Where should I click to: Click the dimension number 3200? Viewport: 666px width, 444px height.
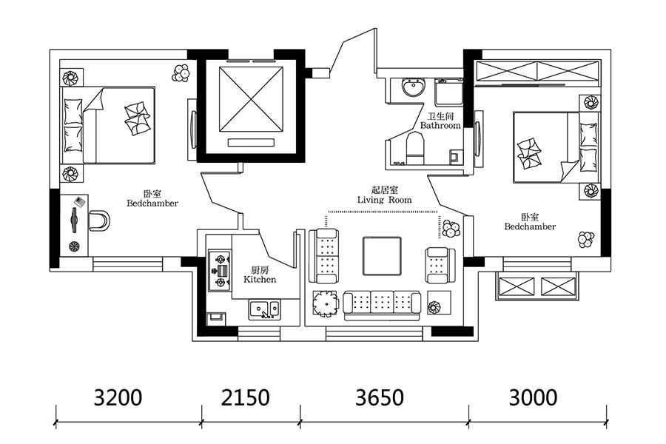click(118, 397)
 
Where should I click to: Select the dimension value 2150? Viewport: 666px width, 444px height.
click(245, 397)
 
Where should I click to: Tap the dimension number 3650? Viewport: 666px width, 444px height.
click(380, 397)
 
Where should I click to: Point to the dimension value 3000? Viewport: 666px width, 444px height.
click(533, 397)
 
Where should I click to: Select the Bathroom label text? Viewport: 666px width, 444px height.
click(440, 125)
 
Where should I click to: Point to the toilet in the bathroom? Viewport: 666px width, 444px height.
click(415, 149)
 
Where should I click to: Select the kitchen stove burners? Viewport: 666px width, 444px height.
click(221, 270)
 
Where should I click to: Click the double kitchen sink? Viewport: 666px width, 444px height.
click(263, 310)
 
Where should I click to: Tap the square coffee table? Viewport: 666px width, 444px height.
click(382, 256)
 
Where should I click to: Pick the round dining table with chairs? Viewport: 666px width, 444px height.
click(325, 303)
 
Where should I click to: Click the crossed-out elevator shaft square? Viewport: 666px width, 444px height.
click(251, 99)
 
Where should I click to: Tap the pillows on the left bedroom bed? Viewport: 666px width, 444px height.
click(73, 125)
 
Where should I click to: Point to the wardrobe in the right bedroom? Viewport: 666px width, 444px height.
click(537, 73)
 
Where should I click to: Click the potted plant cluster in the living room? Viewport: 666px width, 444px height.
click(450, 228)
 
